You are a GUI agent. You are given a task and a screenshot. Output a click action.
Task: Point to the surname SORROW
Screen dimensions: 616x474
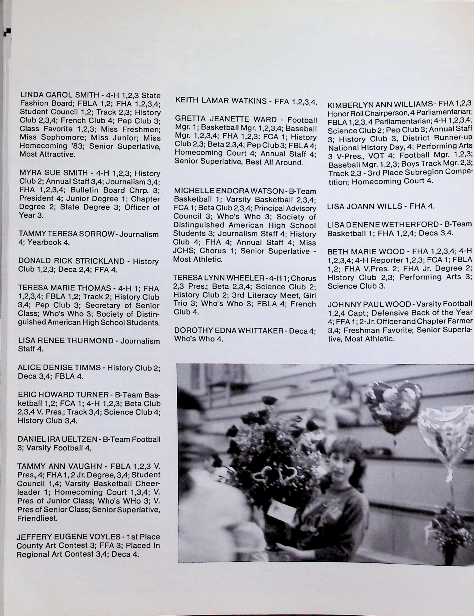[x=99, y=234]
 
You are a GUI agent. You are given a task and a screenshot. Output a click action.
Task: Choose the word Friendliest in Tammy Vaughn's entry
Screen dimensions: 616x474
[x=37, y=518]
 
